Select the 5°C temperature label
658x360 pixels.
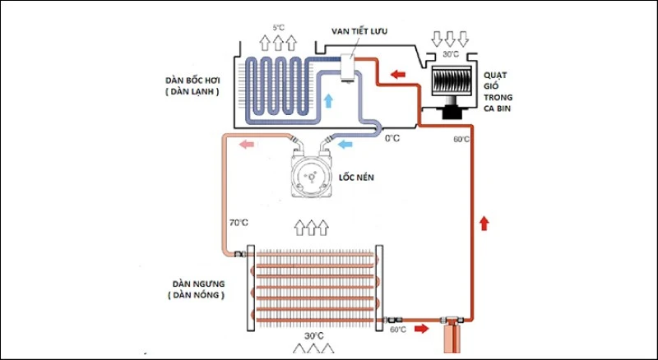(x=277, y=27)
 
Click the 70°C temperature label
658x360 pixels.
(x=238, y=223)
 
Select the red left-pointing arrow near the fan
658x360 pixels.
(x=399, y=76)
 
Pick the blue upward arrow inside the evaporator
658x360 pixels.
(x=328, y=100)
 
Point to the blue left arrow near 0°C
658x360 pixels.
(x=346, y=145)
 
